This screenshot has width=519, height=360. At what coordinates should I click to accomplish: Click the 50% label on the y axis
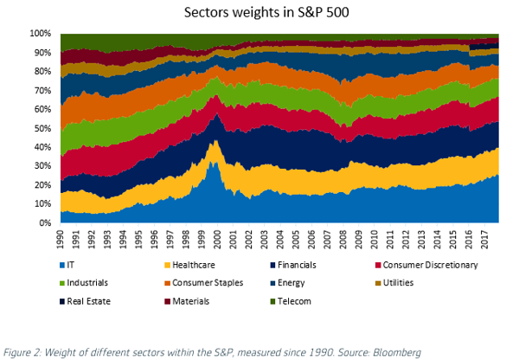[x=42, y=128]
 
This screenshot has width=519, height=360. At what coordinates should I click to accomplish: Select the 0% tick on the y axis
[x=44, y=223]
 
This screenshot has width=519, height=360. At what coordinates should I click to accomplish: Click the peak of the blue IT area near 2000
[x=215, y=161]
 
